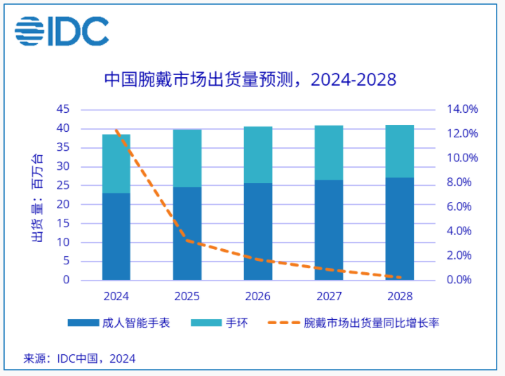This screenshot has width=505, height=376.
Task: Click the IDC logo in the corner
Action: point(62,32)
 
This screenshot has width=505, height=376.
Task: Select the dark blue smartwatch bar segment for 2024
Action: point(116,236)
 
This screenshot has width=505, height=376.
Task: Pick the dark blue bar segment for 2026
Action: point(258,231)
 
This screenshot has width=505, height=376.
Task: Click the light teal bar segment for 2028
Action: point(399,152)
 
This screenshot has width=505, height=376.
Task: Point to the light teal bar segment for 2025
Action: point(187,159)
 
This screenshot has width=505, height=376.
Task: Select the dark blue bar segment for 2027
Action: point(328,230)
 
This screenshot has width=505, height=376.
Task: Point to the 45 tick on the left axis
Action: point(63,109)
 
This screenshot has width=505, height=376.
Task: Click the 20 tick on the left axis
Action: point(63,204)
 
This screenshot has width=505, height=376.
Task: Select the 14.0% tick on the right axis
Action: point(463,109)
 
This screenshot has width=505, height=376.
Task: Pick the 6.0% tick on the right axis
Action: point(463,207)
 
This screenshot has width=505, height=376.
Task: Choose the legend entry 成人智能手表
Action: point(119,323)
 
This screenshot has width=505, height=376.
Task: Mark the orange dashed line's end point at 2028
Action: point(399,277)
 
